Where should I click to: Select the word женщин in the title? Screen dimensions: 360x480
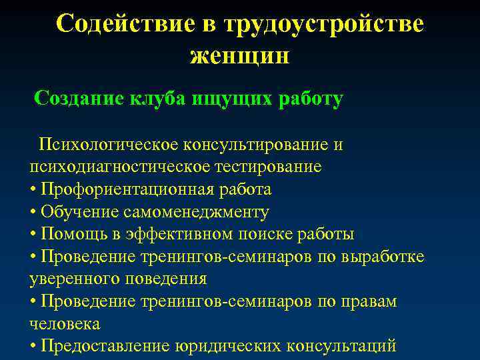(239, 55)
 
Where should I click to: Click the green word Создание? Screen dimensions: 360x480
(79, 99)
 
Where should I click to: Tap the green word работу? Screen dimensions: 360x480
(309, 99)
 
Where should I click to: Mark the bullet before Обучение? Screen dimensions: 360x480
(33, 213)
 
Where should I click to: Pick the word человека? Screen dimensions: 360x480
(64, 324)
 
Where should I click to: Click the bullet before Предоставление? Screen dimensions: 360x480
(33, 347)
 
